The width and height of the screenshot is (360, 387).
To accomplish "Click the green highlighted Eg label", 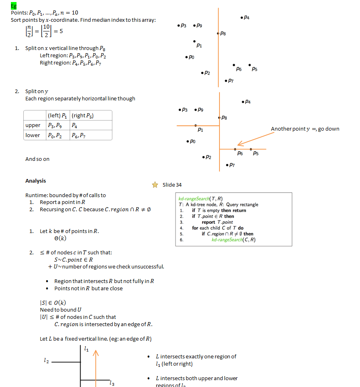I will coord(13,5).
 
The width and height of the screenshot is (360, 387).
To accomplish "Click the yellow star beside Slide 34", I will coord(155,185).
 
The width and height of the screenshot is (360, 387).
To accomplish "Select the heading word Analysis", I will coord(35,181).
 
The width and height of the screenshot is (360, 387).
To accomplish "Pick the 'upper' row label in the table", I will coord(33,125).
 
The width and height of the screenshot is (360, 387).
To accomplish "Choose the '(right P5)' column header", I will coord(85,116).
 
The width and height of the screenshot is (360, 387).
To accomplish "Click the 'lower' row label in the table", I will coord(33,135).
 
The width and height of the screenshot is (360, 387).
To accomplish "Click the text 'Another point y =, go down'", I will coord(305,129).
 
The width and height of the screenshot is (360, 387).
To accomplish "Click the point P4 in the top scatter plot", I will coord(241,17).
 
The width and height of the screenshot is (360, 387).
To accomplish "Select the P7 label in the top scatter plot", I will coord(231,81).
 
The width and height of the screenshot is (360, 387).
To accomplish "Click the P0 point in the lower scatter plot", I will coord(188,141).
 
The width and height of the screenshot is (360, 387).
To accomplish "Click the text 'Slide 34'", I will coord(172,185).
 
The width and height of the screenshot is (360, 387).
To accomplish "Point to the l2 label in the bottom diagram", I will coord(47,361).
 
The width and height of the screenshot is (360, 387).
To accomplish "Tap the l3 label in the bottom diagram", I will coord(112,383).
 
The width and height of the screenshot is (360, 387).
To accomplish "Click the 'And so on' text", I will coord(37,159).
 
